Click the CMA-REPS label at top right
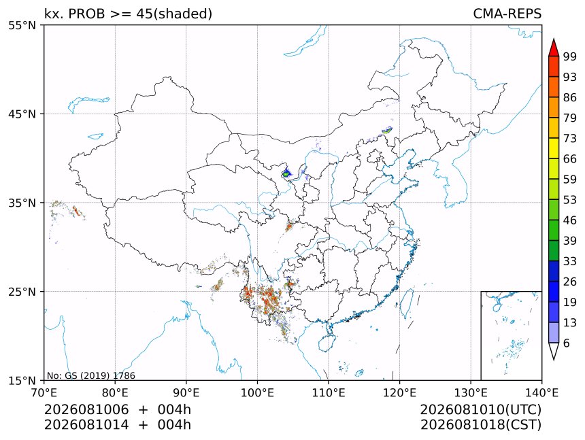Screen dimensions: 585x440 pos(507,14)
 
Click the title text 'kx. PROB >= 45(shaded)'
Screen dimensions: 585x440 pos(128,14)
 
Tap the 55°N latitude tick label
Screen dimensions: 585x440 pos(22,25)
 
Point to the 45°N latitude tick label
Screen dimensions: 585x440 pos(22,114)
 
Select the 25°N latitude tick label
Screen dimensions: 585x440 pos(22,292)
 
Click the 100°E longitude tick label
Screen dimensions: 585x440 pos(257,392)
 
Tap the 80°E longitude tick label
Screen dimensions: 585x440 pos(115,392)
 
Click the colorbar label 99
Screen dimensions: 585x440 pos(570,56)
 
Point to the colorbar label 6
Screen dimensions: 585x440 pos(567,343)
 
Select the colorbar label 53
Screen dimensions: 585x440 pos(570,200)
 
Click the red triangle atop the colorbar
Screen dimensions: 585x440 pos(554,48)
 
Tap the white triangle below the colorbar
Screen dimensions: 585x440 pos(554,350)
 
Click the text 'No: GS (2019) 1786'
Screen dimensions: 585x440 pos(90,375)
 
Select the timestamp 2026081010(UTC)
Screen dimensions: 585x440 pos(480,409)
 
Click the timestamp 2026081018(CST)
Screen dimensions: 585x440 pos(480,425)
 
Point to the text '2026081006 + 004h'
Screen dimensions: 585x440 pos(118,409)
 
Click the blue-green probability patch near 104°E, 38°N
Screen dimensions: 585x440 pos(286,173)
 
